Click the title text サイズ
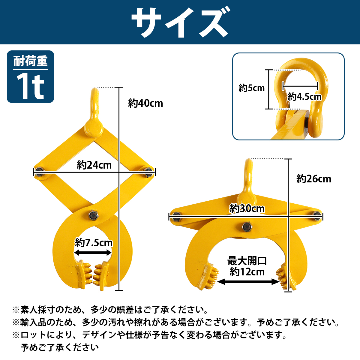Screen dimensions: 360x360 pyautogui.click(x=180, y=22)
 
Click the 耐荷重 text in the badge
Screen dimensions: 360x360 pyautogui.click(x=30, y=61)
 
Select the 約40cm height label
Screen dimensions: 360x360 pyautogui.click(x=145, y=103)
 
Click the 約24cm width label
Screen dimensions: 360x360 pyautogui.click(x=94, y=165)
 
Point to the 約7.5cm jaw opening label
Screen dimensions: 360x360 pyautogui.click(x=94, y=242)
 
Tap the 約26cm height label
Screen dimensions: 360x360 pyautogui.click(x=314, y=179)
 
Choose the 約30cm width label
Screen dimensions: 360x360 pyautogui.click(x=247, y=208)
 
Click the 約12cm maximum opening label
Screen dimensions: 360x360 pyautogui.click(x=247, y=272)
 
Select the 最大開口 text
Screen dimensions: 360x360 pyautogui.click(x=247, y=261)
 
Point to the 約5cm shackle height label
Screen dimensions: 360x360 pyautogui.click(x=252, y=88)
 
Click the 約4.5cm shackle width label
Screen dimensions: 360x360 pyautogui.click(x=304, y=97)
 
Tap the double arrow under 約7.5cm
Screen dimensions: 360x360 pyautogui.click(x=93, y=253)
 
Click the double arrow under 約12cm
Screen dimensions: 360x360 pyautogui.click(x=248, y=282)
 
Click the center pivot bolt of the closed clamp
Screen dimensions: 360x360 pyautogui.click(x=92, y=215)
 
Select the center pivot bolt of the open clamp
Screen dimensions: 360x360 pyautogui.click(x=247, y=227)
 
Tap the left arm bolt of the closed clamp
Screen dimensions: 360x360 pyautogui.click(x=39, y=172)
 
